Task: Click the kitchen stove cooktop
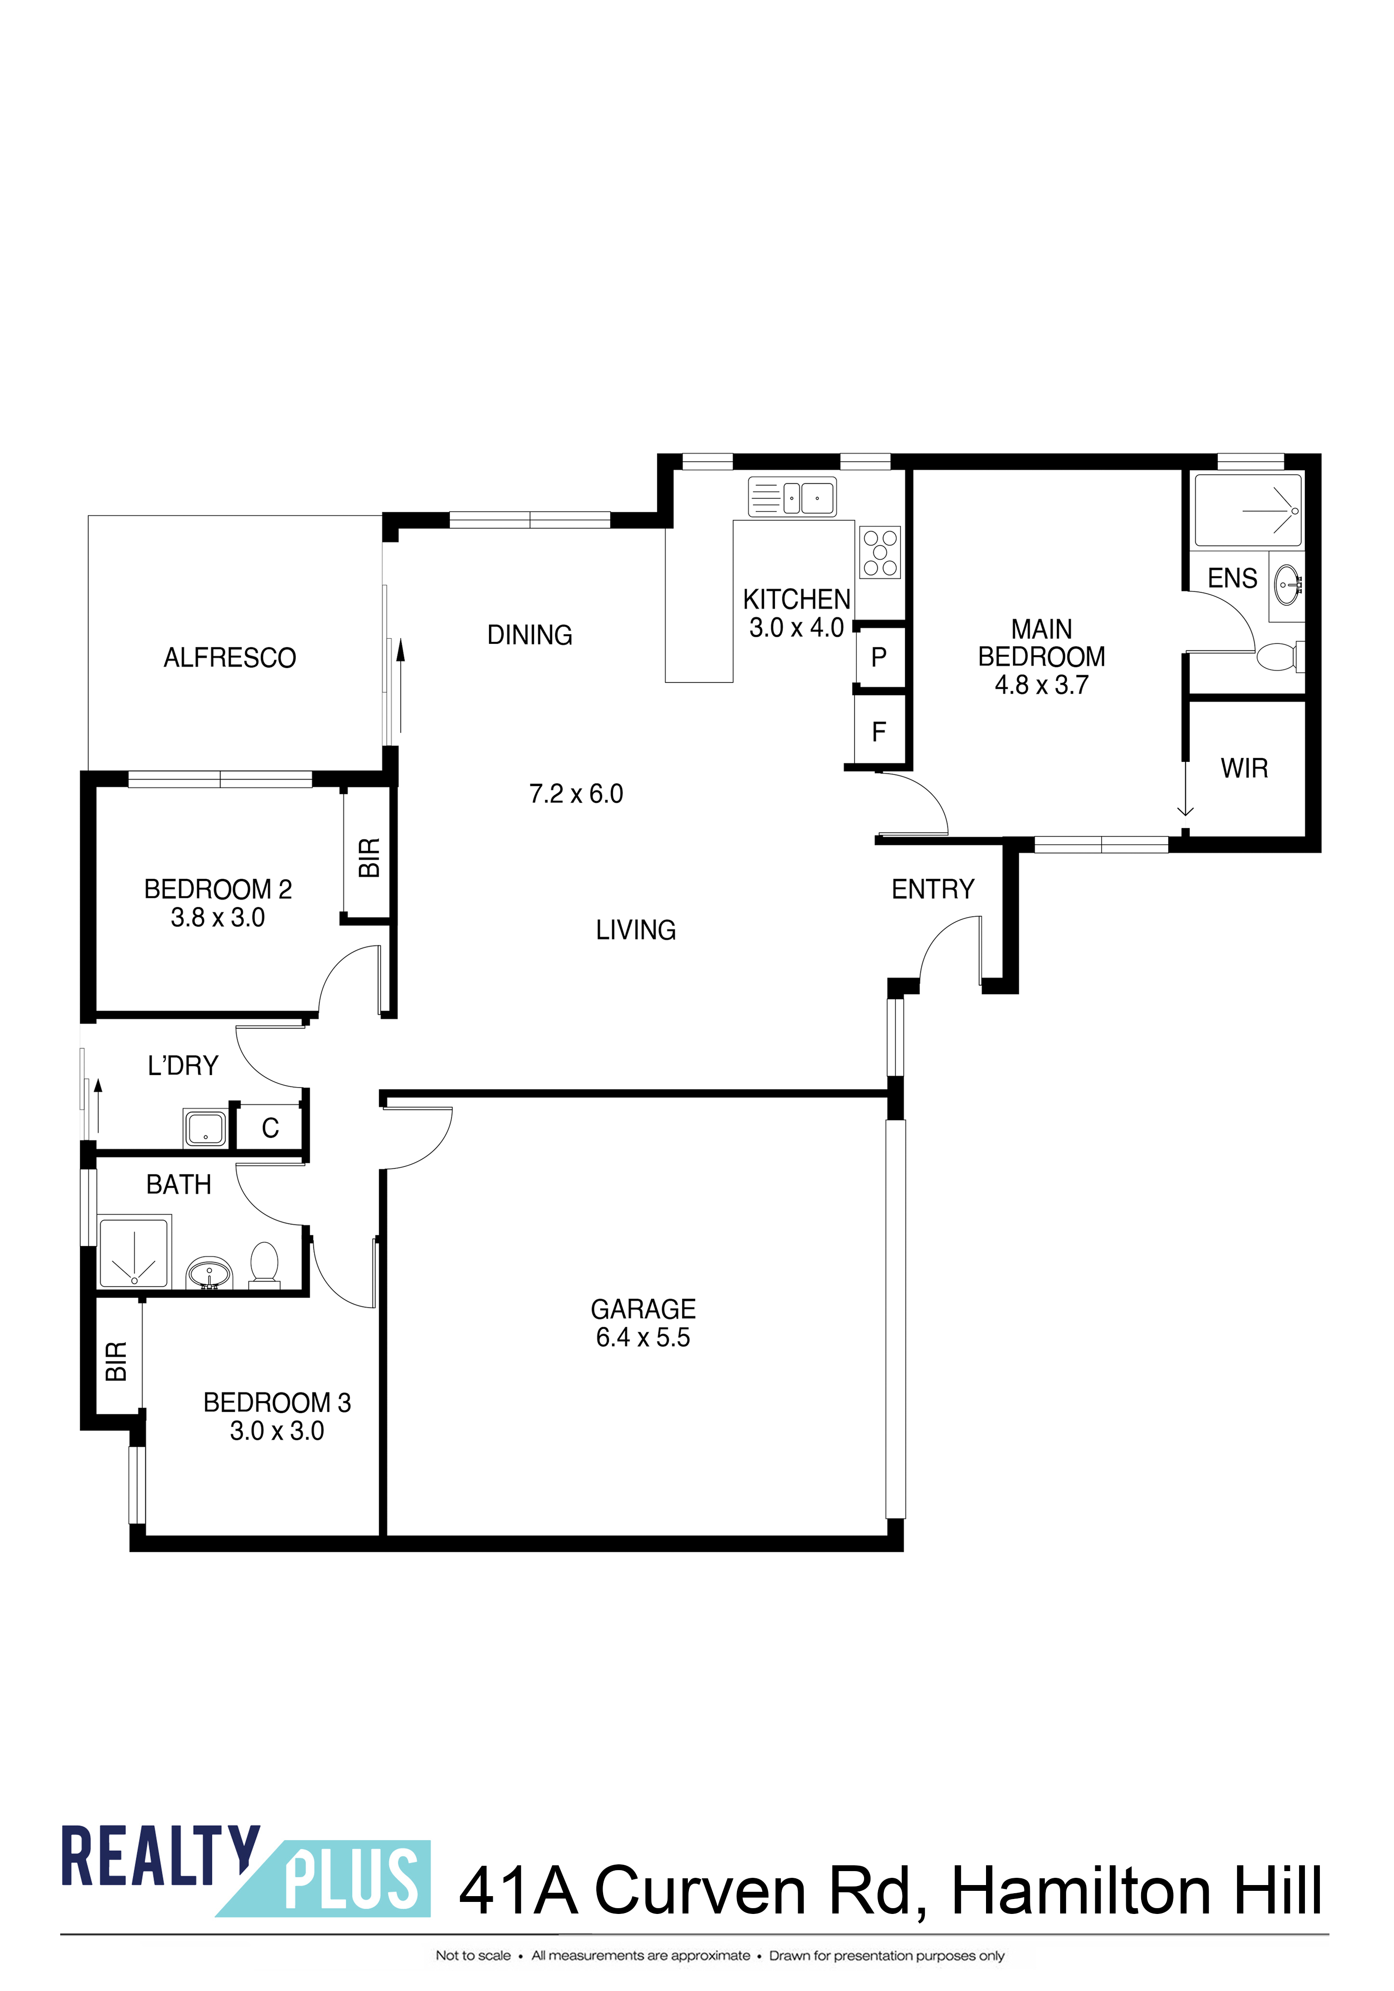click(880, 552)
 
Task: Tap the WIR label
click(1244, 768)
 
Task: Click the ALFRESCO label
click(230, 658)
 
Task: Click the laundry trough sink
click(206, 1128)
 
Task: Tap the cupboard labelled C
click(271, 1128)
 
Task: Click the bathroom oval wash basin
click(209, 1273)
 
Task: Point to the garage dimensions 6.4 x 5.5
click(643, 1337)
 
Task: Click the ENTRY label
click(934, 889)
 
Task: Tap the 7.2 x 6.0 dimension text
click(576, 793)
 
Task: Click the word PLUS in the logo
click(351, 1880)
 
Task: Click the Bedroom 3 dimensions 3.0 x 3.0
click(276, 1431)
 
